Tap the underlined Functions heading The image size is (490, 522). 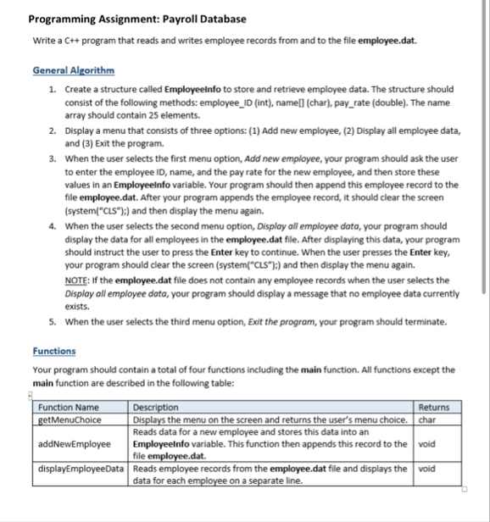(53, 351)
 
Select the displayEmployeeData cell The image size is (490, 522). (81, 468)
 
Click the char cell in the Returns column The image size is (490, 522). (427, 419)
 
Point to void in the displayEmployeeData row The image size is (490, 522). (428, 468)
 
